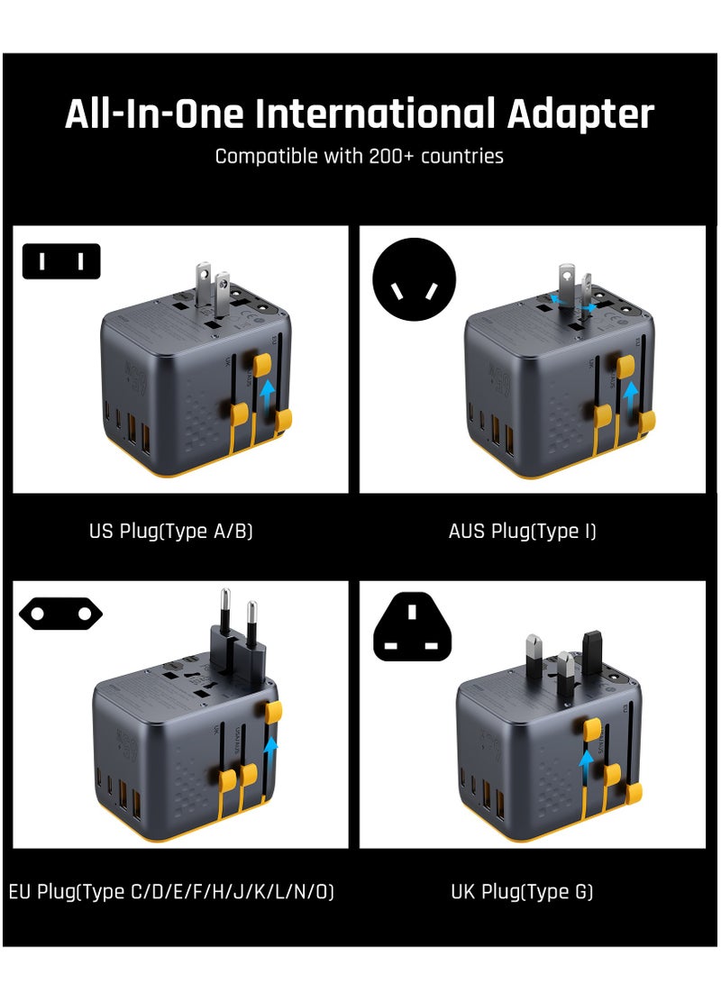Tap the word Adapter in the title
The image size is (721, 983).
pyautogui.click(x=580, y=115)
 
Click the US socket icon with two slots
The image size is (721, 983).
pyautogui.click(x=60, y=261)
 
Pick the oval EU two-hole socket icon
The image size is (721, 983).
pyautogui.click(x=60, y=614)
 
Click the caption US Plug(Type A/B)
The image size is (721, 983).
pyautogui.click(x=170, y=531)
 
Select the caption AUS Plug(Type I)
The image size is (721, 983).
pyautogui.click(x=522, y=531)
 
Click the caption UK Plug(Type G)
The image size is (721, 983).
pyautogui.click(x=522, y=892)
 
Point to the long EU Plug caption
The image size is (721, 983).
pyautogui.click(x=171, y=892)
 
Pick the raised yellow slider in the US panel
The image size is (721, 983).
pyautogui.click(x=262, y=363)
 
